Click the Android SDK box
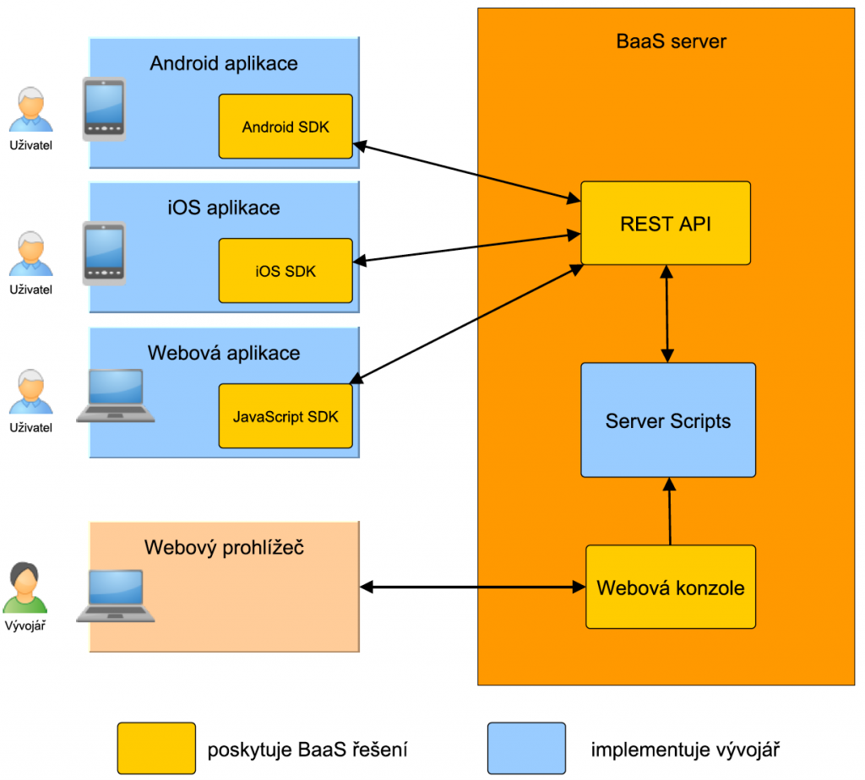pos(286,127)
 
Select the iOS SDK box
pos(286,270)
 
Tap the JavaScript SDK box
pos(286,416)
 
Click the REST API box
pos(666,224)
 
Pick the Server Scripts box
pos(667,420)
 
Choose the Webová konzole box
pos(671,588)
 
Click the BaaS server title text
pos(672,41)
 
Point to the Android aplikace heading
pos(224,63)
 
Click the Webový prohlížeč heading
pos(224,548)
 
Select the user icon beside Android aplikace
pos(30,109)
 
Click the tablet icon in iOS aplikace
pos(104,253)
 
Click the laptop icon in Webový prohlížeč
pos(116,596)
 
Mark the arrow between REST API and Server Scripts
pos(668,312)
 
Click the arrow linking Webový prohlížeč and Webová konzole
pos(473,585)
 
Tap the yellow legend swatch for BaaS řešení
pos(156,748)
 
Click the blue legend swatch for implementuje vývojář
pos(526,748)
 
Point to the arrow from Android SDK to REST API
pos(469,172)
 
